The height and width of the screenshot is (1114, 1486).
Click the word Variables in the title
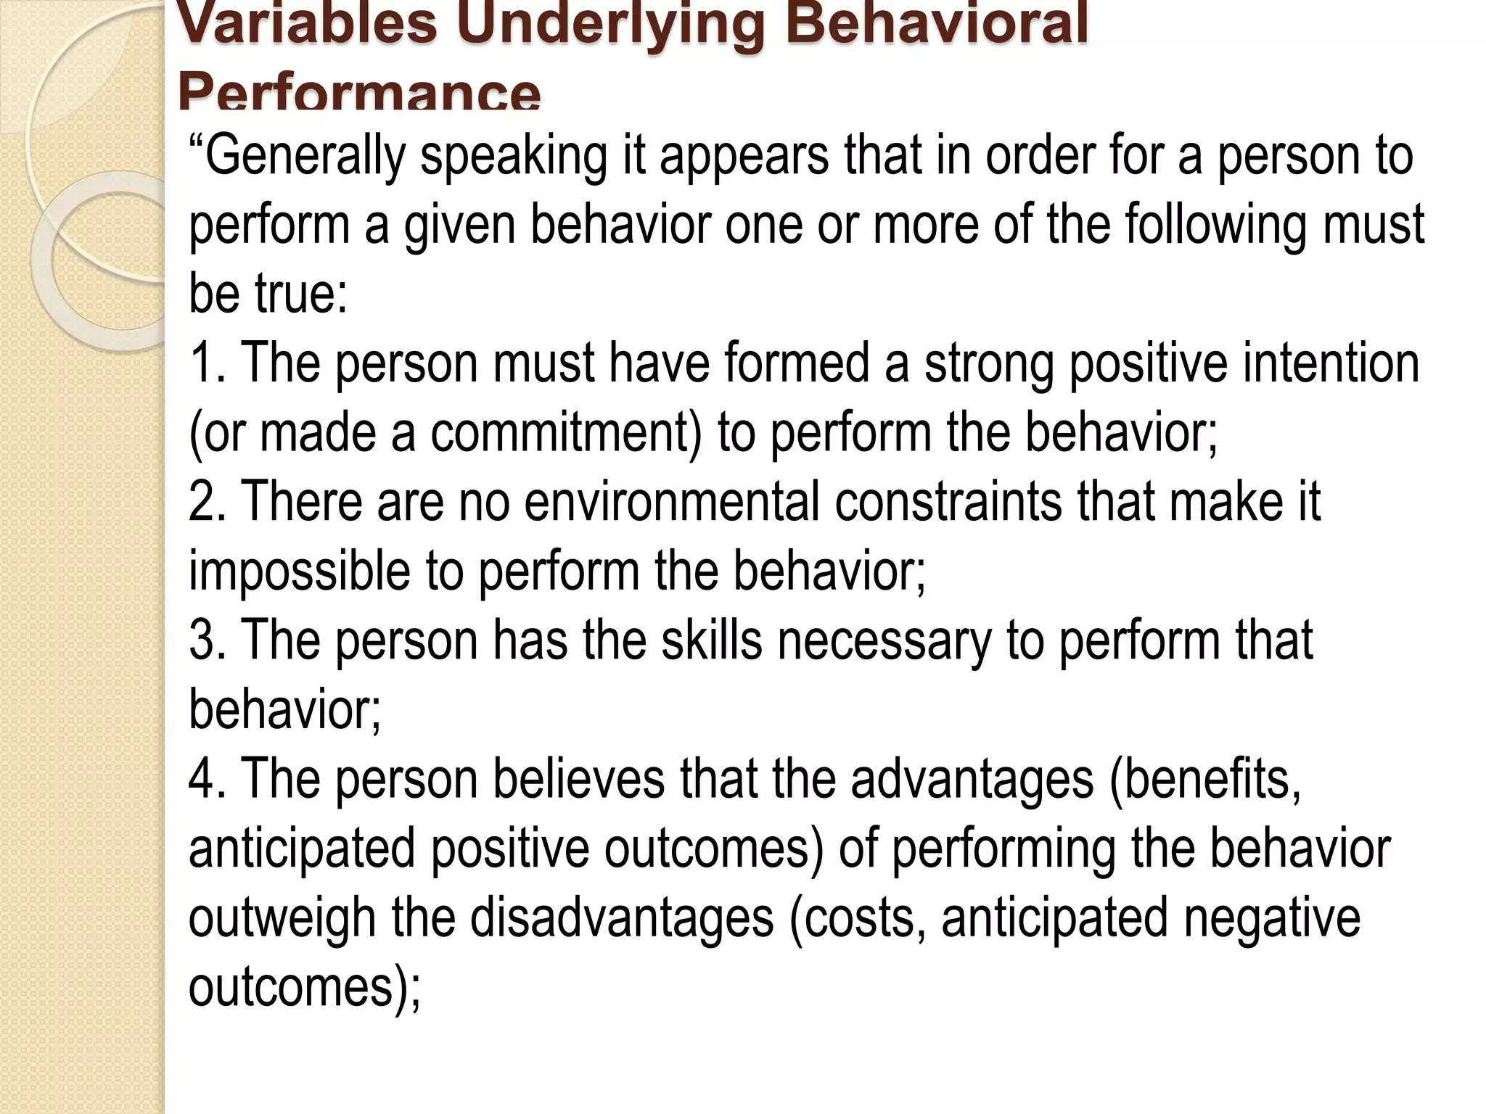point(308,23)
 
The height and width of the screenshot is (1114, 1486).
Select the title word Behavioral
point(937,23)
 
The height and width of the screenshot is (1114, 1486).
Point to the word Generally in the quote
point(304,156)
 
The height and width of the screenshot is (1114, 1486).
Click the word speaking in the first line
point(513,156)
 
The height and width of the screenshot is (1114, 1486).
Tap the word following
point(1216,225)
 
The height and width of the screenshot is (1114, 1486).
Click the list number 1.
point(206,363)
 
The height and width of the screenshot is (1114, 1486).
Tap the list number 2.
point(208,501)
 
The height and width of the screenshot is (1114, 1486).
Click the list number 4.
point(208,779)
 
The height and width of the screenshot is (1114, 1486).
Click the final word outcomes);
point(304,987)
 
